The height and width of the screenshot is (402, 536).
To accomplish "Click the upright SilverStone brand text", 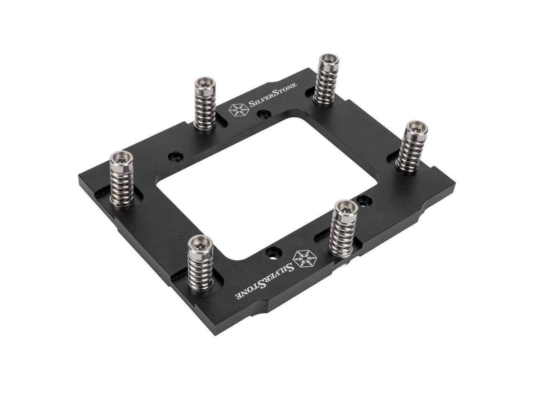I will tap(273, 94).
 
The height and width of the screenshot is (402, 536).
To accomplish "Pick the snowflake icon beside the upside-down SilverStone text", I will tap(304, 259).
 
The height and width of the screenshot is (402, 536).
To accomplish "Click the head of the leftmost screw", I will tap(121, 159).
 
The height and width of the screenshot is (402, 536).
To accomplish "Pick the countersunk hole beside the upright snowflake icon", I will tap(263, 114).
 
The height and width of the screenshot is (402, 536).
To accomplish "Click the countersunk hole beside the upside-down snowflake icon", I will tap(273, 253).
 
